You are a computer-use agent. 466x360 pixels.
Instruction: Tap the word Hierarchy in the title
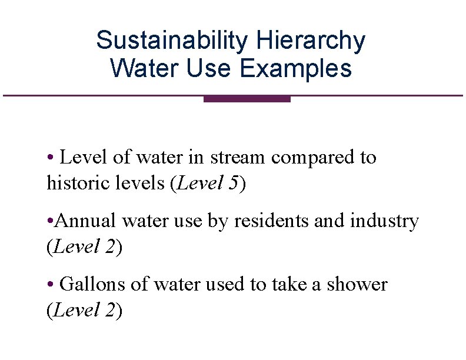[x=311, y=41]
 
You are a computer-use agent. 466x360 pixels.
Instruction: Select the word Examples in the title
[x=296, y=68]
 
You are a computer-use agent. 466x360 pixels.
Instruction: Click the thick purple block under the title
[x=247, y=99]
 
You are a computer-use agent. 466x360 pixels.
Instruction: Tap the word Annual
[x=87, y=221]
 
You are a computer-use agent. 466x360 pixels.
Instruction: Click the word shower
[x=358, y=285]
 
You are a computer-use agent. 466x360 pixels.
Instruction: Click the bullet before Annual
[x=51, y=222]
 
